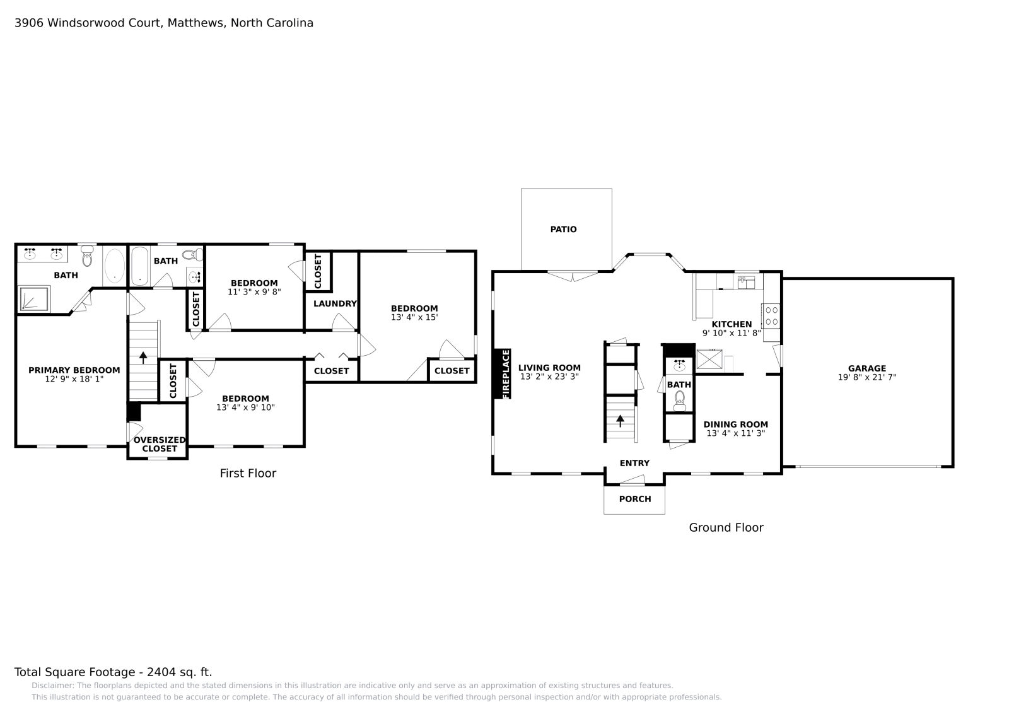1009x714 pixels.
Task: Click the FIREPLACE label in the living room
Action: [x=506, y=373]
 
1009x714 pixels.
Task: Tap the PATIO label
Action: [x=563, y=230]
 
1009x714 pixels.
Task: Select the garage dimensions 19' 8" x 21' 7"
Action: [x=866, y=377]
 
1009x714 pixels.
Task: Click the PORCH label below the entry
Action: [x=634, y=499]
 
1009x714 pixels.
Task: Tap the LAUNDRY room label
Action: [x=335, y=303]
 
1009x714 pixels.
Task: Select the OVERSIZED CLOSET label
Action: [x=160, y=444]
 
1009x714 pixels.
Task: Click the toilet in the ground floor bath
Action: [x=679, y=399]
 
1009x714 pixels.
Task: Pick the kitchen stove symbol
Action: [x=771, y=315]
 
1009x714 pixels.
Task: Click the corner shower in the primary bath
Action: [x=34, y=299]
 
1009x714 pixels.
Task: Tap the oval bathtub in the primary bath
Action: [x=114, y=266]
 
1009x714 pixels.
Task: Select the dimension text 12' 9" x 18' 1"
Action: [x=74, y=379]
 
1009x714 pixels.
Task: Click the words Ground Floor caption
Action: [x=725, y=528]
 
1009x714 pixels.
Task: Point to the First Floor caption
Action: [x=248, y=473]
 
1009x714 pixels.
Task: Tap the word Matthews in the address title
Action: [x=195, y=23]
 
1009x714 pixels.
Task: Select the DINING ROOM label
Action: [x=735, y=424]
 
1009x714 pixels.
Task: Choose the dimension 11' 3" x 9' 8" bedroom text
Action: [x=254, y=292]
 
